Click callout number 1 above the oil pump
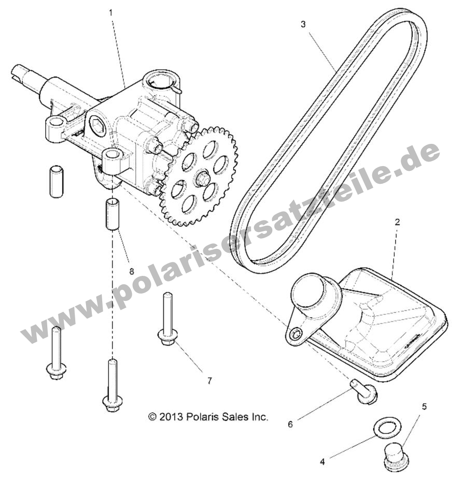pyautogui.click(x=110, y=12)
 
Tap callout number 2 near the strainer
pyautogui.click(x=397, y=222)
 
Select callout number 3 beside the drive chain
pyautogui.click(x=303, y=24)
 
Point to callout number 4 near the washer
pyautogui.click(x=322, y=461)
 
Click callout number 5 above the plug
pyautogui.click(x=424, y=407)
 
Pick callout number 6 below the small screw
pyautogui.click(x=290, y=424)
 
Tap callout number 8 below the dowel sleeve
pyautogui.click(x=132, y=271)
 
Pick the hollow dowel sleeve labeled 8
pyautogui.click(x=113, y=214)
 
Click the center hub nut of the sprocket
pyautogui.click(x=201, y=178)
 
